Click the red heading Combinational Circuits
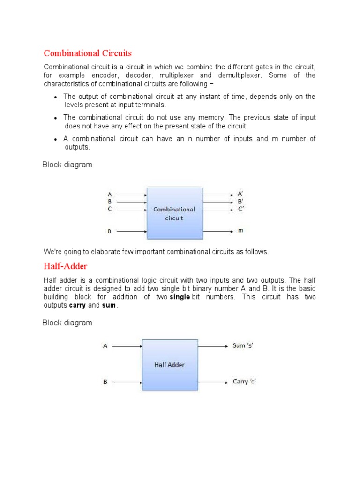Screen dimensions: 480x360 (88, 53)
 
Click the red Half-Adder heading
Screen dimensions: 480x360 (65, 266)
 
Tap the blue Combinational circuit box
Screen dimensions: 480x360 (175, 213)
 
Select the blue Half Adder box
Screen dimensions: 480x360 (170, 364)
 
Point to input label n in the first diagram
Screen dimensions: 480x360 (110, 231)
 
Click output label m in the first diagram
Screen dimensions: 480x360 (240, 231)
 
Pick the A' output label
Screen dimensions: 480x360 (240, 194)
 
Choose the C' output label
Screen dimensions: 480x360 (240, 209)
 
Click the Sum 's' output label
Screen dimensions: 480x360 (243, 346)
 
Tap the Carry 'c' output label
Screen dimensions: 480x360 (244, 382)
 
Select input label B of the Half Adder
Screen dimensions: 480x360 (105, 382)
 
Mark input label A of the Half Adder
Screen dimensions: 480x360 (105, 346)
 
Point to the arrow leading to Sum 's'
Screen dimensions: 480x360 (213, 346)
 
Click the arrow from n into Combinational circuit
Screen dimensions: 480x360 (131, 231)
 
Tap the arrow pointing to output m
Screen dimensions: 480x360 (218, 231)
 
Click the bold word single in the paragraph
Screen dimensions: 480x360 (180, 297)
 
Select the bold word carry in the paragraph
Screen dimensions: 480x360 (77, 306)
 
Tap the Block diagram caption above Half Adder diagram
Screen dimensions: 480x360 (67, 323)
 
